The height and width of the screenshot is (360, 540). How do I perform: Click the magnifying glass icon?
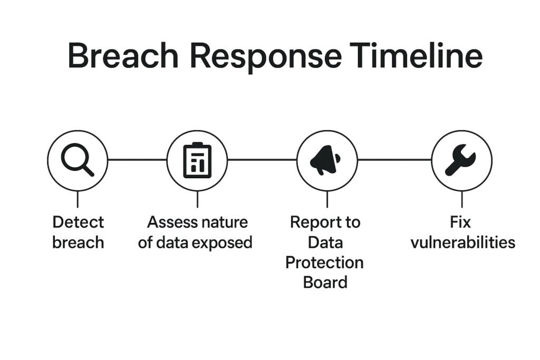coord(78,160)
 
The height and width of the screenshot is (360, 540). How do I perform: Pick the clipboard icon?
coord(197,160)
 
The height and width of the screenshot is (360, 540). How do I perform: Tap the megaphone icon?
coord(326,160)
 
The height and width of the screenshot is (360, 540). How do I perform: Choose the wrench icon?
coord(461,160)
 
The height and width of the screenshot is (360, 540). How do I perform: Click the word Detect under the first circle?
coord(78,222)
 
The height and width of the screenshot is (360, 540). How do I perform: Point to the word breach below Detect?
coord(78,242)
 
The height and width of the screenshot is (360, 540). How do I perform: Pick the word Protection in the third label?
coord(324,262)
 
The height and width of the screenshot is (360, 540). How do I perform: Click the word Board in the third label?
coord(325,282)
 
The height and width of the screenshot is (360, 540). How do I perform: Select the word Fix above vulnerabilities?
coord(460,222)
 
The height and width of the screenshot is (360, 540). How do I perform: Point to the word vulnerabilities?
coord(462,242)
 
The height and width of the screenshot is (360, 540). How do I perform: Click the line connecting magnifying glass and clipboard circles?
coord(137,159)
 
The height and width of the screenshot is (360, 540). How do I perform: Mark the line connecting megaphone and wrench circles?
coord(394,159)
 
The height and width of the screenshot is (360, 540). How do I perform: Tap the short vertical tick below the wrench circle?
coord(462,199)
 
